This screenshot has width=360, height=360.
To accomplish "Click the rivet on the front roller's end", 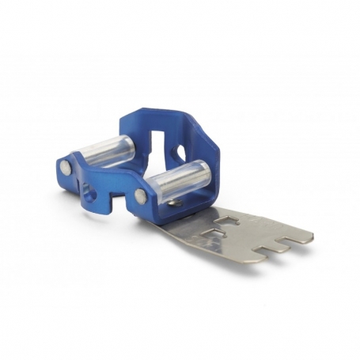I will click(141, 195).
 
